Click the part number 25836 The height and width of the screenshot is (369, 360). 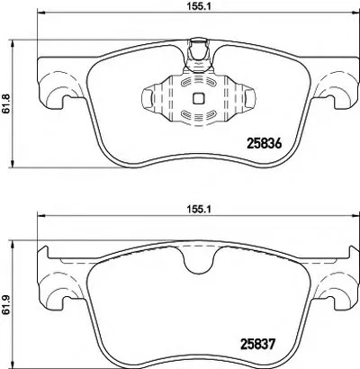pos(264,144)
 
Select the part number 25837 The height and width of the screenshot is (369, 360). pos(257,344)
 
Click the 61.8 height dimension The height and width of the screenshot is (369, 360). pos(6,103)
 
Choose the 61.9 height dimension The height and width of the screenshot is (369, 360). pos(6,304)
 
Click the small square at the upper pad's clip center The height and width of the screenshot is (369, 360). pos(198,98)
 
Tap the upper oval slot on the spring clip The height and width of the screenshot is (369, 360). pos(198,82)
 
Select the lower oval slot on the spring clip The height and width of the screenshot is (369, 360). pos(198,113)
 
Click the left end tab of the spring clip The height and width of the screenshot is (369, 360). pos(147,98)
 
